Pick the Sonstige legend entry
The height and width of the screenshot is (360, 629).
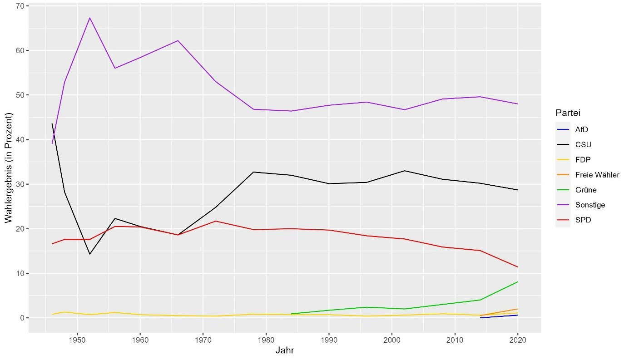pos(586,205)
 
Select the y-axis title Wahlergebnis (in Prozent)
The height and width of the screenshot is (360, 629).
pos(8,168)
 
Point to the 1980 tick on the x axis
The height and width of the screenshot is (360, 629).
pos(266,339)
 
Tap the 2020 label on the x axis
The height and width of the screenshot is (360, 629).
pos(517,339)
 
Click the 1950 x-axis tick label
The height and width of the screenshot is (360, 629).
pos(77,339)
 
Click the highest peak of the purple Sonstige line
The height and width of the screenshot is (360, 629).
pos(90,18)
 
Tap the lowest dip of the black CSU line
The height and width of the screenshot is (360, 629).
pos(90,254)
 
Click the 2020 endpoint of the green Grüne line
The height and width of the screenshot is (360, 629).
pos(517,282)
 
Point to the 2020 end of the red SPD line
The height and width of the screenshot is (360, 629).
pos(517,267)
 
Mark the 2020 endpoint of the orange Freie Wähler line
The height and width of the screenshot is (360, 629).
pos(517,309)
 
